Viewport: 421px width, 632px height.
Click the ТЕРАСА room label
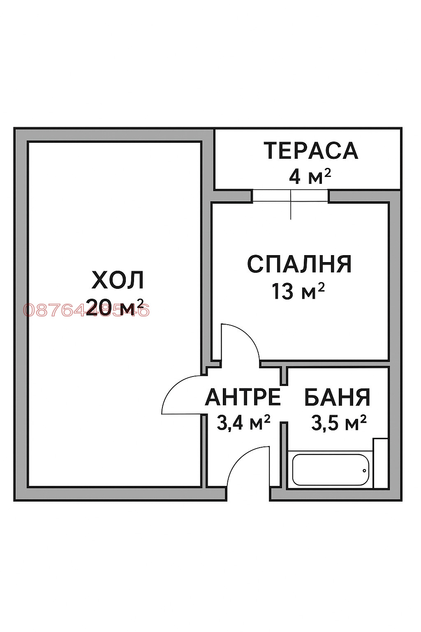pos(311,151)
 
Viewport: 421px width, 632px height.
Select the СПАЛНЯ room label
pos(299,264)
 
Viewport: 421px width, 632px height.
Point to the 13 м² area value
pos(298,291)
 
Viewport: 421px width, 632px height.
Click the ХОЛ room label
pos(118,280)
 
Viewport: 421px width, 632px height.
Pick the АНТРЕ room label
pos(243,397)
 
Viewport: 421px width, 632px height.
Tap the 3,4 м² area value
pos(243,422)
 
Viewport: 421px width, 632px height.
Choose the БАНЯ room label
pos(337,397)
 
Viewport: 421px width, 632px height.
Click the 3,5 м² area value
pos(339,423)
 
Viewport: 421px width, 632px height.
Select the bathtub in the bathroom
pos(331,470)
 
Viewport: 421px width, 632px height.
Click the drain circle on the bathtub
pos(364,471)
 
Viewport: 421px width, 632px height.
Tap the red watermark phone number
pos(86,310)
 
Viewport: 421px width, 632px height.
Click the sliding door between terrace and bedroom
pos(290,196)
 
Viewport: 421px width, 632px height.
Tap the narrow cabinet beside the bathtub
pos(380,463)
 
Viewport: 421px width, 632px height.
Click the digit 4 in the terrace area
pos(295,177)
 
